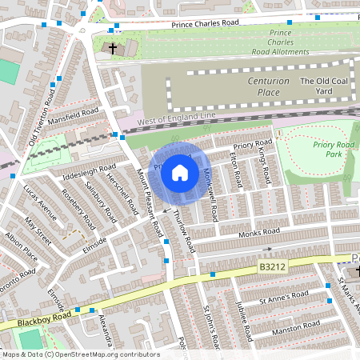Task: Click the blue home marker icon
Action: pyautogui.click(x=180, y=173)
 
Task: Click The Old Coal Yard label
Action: pyautogui.click(x=325, y=82)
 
